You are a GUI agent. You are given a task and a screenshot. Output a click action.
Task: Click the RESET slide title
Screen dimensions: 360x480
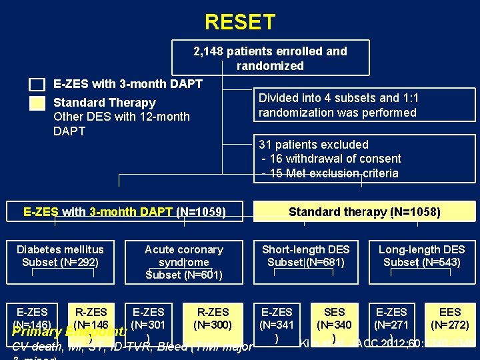tap(239, 23)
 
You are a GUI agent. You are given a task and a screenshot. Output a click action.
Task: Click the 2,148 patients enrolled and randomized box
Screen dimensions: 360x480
tap(270, 58)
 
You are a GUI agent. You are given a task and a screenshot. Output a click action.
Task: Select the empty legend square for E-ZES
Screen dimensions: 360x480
tap(37, 85)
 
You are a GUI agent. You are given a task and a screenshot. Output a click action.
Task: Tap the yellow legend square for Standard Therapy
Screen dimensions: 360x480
tap(37, 103)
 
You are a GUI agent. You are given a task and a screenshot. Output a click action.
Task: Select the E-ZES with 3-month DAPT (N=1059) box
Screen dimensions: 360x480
tap(125, 212)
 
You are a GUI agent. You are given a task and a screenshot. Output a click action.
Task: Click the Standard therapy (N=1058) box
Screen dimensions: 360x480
tap(364, 212)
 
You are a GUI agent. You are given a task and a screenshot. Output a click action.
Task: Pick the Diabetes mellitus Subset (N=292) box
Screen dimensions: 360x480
tap(60, 256)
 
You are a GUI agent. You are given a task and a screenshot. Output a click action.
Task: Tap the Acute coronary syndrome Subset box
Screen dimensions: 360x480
tap(183, 261)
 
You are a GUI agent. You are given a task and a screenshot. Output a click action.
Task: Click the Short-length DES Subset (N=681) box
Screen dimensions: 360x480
tap(305, 256)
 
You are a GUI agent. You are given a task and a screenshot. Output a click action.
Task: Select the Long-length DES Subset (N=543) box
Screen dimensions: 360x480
tap(421, 256)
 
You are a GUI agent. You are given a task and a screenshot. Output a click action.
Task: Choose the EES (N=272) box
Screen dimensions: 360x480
tap(450, 319)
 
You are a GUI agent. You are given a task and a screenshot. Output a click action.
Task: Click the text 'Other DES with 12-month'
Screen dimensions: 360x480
tap(121, 117)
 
